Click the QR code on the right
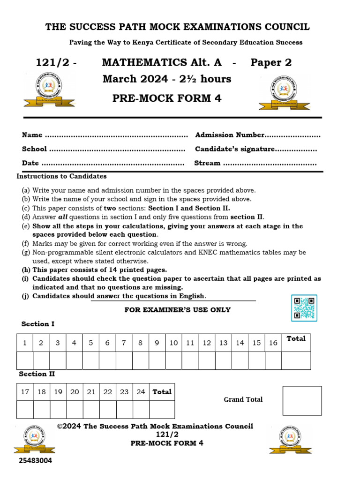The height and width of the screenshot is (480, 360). coord(304,308)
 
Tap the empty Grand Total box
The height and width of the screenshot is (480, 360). coord(302,400)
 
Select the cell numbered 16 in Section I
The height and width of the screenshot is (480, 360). coord(273,343)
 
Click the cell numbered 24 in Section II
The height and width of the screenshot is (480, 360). coord(141,392)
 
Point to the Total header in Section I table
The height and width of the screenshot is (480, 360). coord(296,338)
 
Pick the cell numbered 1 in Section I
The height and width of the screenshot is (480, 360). coord(24,343)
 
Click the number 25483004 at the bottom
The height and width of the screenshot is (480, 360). coord(35,461)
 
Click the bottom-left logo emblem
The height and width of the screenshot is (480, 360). coord(34,439)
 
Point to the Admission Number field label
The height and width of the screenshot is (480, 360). coord(230,135)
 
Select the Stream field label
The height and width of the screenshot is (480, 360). coord(207,163)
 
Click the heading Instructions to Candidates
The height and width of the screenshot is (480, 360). coord(61,176)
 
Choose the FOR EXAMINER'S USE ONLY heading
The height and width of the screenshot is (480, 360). coord(177,310)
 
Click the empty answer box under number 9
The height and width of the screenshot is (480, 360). coord(157,360)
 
